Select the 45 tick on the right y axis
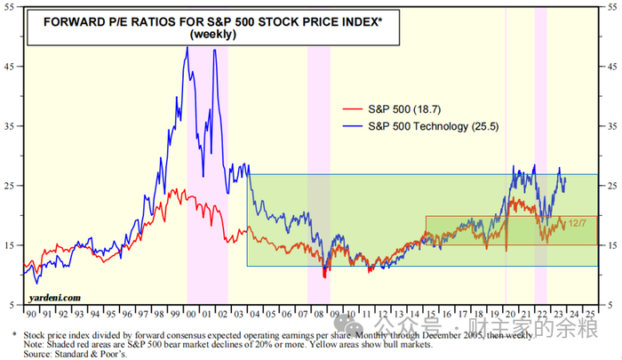click(614, 66)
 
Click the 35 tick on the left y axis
click(9, 126)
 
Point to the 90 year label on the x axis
click(32, 315)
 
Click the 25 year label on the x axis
click(589, 315)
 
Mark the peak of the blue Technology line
click(187, 47)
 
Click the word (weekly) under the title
click(213, 35)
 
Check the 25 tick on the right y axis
click(614, 186)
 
